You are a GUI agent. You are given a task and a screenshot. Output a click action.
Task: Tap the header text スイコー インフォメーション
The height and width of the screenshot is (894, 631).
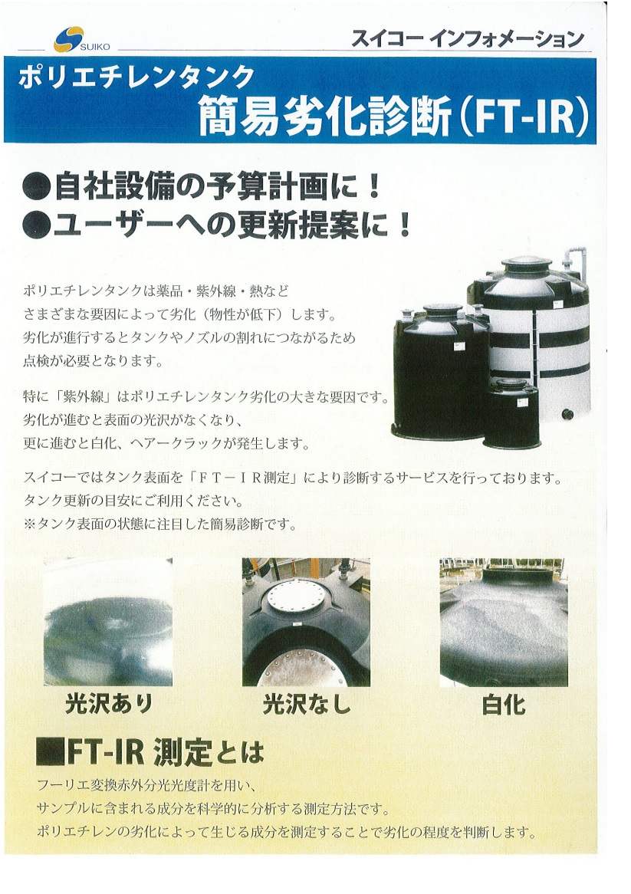click(x=468, y=38)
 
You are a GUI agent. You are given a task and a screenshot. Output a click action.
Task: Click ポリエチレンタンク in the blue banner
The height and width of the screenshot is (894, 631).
click(x=136, y=76)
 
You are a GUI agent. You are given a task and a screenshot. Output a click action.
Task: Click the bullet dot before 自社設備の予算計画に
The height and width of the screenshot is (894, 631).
click(x=36, y=187)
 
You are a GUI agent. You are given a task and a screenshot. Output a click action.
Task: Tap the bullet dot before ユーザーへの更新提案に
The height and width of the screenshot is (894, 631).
click(x=36, y=225)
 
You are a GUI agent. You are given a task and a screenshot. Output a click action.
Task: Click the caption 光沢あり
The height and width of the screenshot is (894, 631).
click(x=109, y=704)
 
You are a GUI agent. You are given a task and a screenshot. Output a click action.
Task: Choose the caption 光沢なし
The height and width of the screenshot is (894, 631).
click(x=307, y=704)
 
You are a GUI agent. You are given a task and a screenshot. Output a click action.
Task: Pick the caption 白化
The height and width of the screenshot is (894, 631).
click(x=503, y=705)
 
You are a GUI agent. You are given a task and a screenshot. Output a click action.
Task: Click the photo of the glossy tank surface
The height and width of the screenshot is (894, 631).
click(x=108, y=622)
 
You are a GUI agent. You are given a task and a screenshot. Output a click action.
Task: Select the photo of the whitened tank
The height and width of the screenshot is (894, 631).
click(x=503, y=622)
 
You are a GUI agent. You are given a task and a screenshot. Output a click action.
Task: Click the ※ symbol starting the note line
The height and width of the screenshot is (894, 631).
click(x=30, y=524)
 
